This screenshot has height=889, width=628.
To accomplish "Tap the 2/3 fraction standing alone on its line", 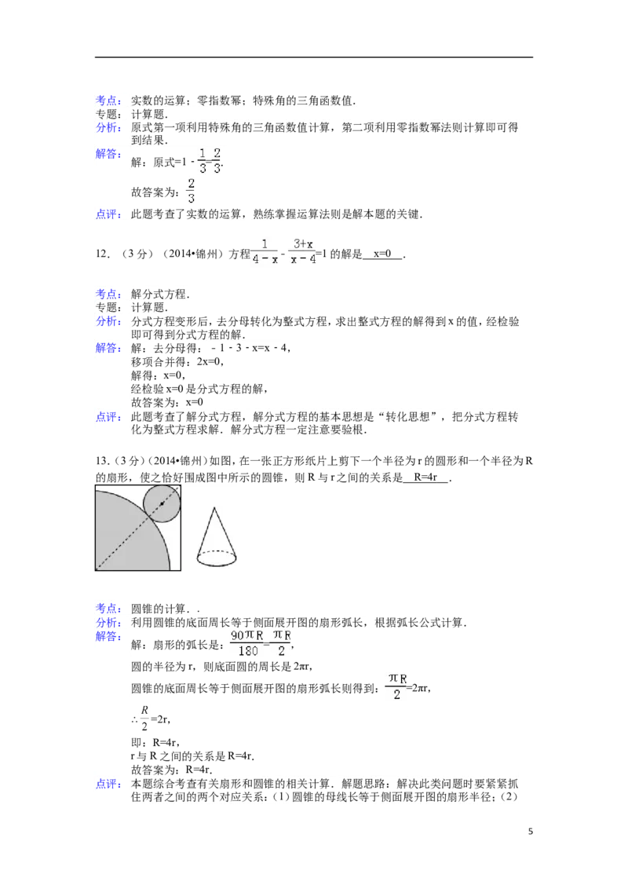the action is (190, 190).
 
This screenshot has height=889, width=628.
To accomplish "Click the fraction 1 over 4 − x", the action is (265, 251).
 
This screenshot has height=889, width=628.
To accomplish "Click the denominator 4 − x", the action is (265, 259).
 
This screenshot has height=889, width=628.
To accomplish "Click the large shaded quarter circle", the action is (126, 534).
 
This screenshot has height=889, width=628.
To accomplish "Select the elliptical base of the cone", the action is (215, 558).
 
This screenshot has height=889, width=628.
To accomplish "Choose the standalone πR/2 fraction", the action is (396, 685).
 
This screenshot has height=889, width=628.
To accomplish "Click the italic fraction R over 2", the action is (144, 717).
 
